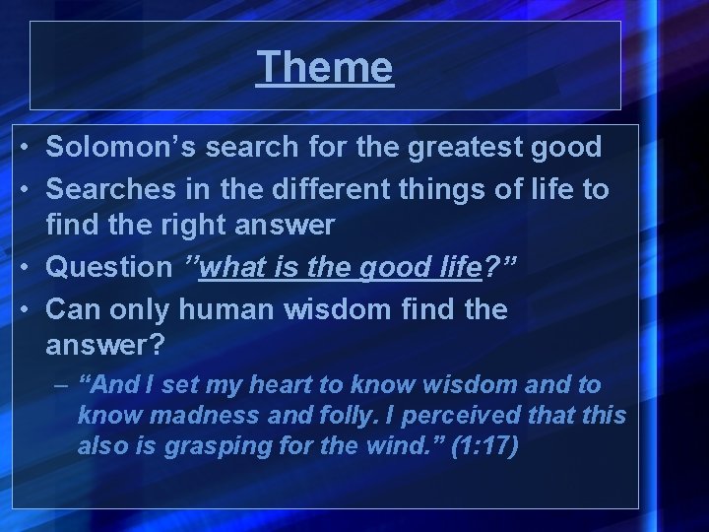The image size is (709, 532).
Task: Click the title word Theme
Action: [x=325, y=68]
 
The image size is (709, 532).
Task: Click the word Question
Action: [x=108, y=267]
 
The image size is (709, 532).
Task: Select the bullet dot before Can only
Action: [x=32, y=309]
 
